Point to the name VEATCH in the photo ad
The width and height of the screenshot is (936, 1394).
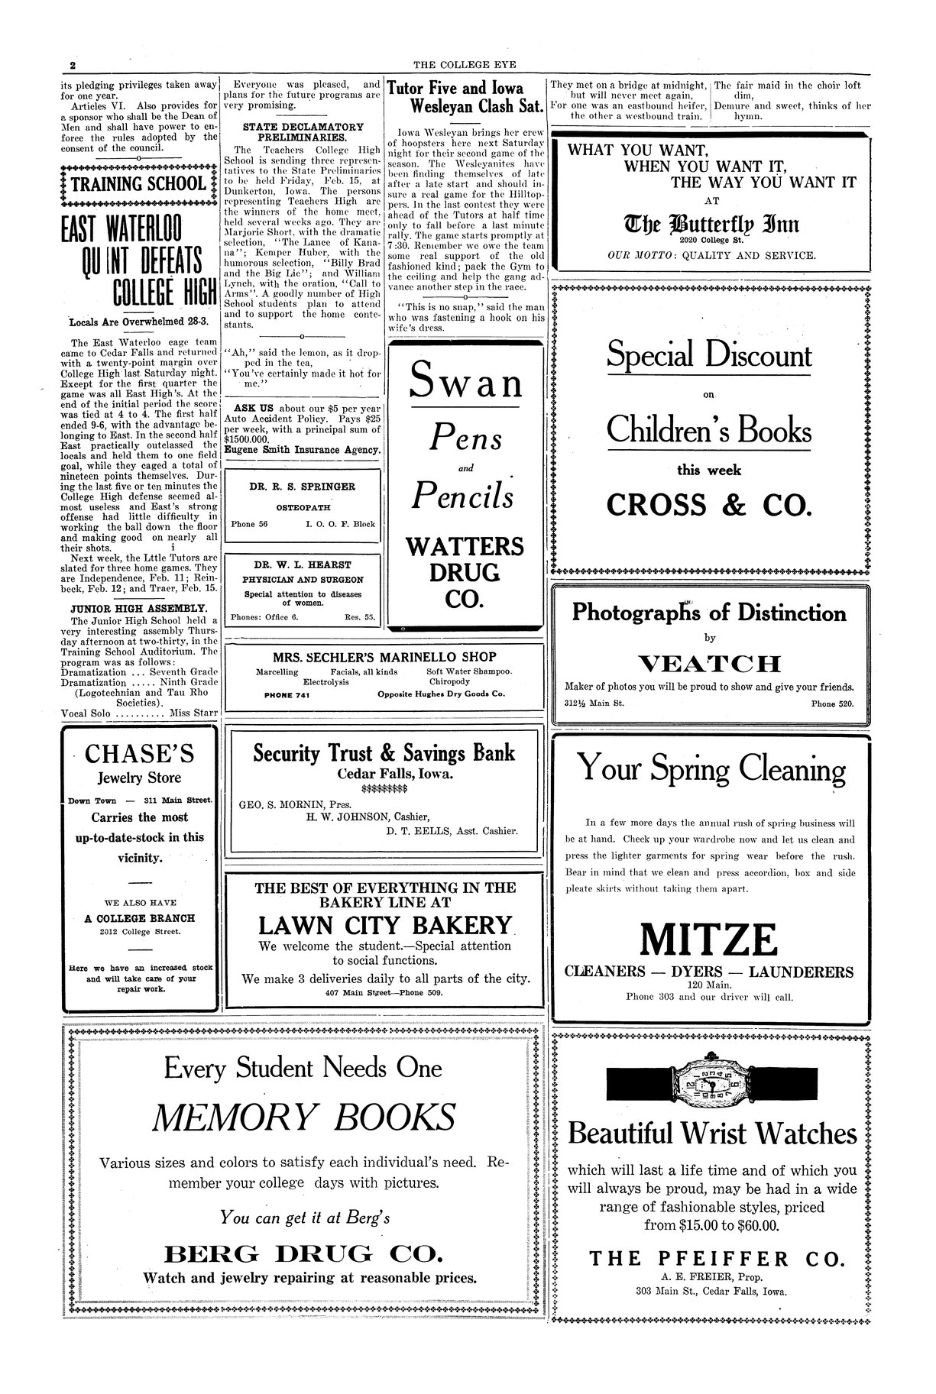[710, 663]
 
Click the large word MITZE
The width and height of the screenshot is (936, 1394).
[710, 940]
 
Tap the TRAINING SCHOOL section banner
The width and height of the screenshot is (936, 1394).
[138, 184]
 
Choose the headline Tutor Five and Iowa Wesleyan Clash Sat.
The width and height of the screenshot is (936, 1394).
[466, 97]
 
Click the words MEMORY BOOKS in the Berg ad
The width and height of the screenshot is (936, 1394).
[303, 1119]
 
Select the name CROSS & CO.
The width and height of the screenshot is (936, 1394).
[710, 505]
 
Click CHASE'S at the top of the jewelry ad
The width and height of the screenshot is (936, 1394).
[139, 754]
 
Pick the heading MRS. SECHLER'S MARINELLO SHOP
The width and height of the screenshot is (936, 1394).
[384, 657]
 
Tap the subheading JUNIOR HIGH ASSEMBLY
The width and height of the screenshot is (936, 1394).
[138, 608]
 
